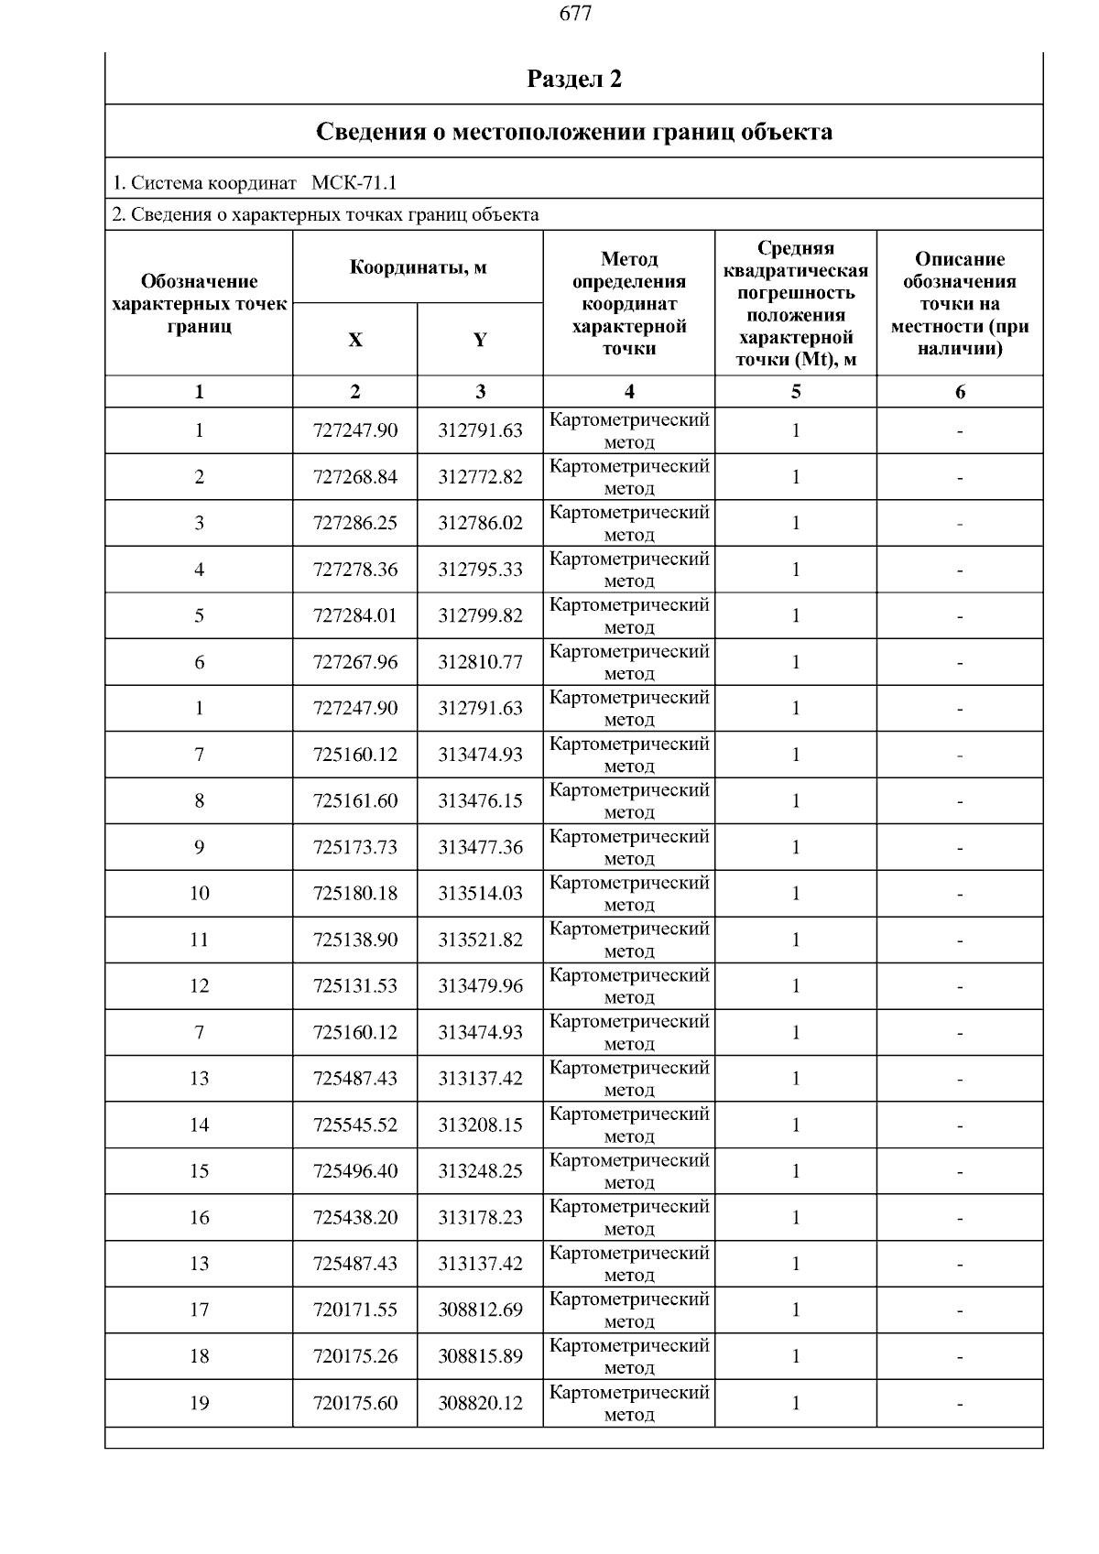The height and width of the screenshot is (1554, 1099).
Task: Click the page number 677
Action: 574,14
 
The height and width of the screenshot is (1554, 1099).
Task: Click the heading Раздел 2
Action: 574,79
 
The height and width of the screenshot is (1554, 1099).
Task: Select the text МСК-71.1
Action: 354,183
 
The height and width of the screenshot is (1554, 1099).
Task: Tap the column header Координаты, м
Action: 418,267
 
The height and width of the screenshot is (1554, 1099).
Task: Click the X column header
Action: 355,341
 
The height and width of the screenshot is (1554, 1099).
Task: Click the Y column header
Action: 480,341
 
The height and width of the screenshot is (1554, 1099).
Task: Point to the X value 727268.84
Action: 355,477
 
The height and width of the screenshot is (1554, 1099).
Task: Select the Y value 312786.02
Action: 480,523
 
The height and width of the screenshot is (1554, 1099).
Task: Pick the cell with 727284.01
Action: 355,615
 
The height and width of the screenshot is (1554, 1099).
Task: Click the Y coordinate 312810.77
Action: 480,662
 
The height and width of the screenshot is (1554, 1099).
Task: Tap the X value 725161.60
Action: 355,801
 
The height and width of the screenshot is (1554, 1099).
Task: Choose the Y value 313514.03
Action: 480,894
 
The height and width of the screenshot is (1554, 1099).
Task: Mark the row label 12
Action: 200,986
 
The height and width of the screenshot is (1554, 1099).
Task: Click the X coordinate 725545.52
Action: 355,1125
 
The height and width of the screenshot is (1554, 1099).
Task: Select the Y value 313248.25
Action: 480,1171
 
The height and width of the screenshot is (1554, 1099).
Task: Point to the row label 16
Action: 200,1218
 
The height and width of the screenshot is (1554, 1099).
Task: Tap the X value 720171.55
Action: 355,1310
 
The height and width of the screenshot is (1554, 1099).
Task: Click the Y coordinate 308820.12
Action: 480,1403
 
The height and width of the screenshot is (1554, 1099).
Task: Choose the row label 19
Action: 200,1403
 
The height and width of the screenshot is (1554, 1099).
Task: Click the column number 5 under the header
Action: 796,392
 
